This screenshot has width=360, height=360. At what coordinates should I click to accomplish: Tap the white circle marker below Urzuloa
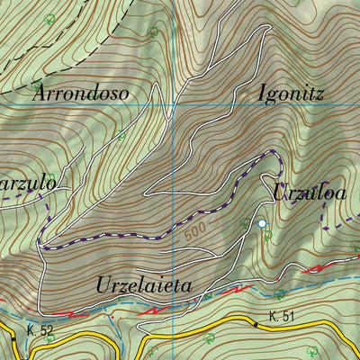[x=262, y=222]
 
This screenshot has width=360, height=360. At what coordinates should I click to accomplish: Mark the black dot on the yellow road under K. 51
[x=256, y=325]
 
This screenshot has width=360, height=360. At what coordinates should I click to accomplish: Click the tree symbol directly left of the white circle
[x=245, y=222]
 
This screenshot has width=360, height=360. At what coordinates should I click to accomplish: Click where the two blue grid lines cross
[x=173, y=107]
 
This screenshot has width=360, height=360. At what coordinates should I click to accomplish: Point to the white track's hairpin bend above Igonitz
[x=266, y=31]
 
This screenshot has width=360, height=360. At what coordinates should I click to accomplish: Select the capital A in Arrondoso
[x=40, y=92]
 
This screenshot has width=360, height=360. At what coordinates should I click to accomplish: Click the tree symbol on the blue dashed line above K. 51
[x=280, y=294]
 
